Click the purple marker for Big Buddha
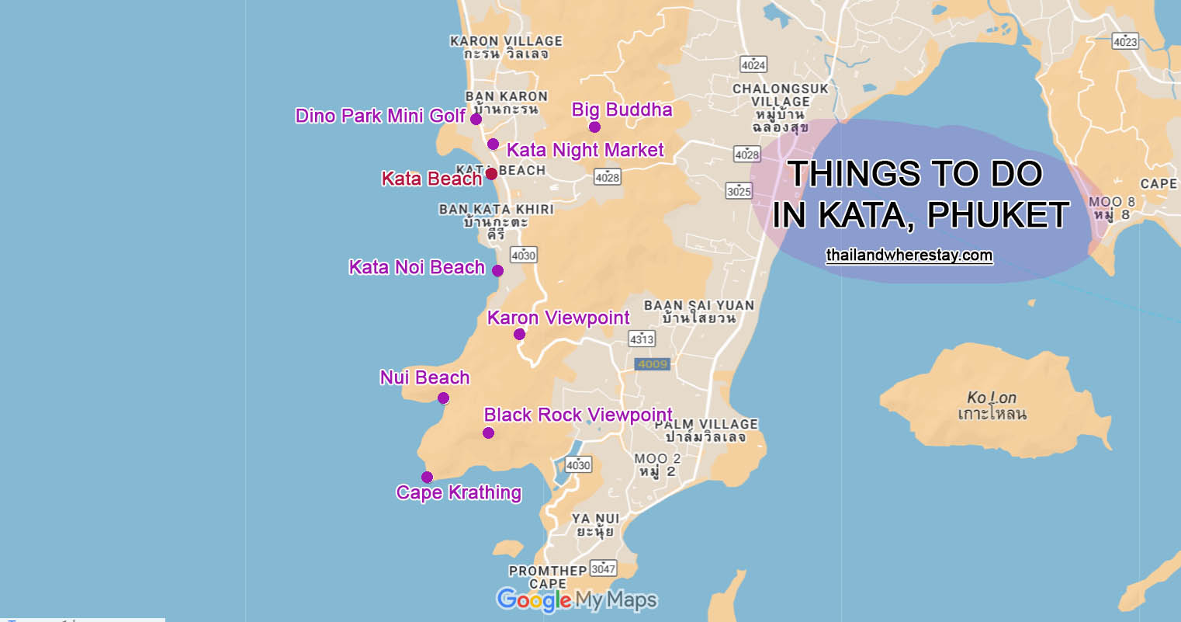coord(594,127)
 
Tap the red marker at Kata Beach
coord(491,174)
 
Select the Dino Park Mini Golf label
coord(380,116)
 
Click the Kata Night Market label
coord(585,150)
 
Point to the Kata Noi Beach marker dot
coord(497,271)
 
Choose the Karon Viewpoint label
coord(558,318)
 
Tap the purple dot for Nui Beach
coord(443,398)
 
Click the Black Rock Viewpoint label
coord(578,415)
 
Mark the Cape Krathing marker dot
coord(427,477)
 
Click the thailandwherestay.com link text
coord(909,255)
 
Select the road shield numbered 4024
coord(753,64)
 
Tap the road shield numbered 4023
coord(1124,41)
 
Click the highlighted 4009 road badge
coord(652,363)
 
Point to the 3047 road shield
coord(603,568)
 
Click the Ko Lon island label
coord(992,405)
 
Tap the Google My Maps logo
coord(577,599)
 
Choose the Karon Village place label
coord(506,47)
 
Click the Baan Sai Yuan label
coord(698,311)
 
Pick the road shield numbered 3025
coord(739,190)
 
